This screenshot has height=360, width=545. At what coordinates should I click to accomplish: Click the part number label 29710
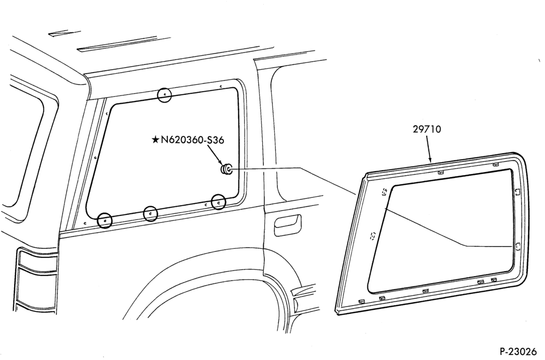[x=427, y=129]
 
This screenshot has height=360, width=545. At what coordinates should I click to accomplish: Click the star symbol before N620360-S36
[x=155, y=140]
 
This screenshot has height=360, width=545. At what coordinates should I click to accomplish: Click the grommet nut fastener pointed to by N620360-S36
[x=227, y=169]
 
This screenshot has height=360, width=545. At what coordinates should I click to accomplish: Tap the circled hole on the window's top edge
[x=165, y=95]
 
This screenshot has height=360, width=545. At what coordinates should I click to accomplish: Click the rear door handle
[x=287, y=226]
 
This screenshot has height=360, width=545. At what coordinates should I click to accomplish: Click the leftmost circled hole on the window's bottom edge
[x=105, y=220]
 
